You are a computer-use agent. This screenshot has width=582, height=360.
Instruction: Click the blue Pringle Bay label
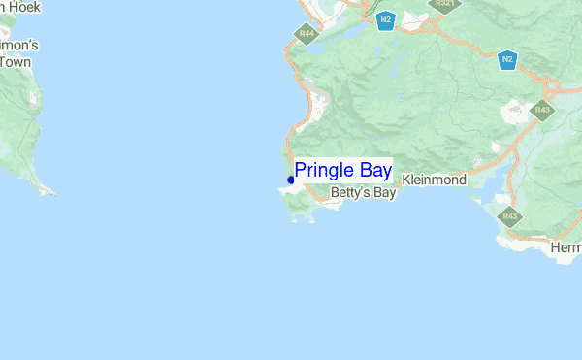pyautogui.click(x=343, y=171)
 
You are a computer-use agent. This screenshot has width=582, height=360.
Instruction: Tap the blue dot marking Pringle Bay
pyautogui.click(x=291, y=180)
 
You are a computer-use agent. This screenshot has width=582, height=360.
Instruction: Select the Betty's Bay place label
pyautogui.click(x=364, y=193)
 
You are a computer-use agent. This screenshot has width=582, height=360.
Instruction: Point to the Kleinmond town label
pyautogui.click(x=434, y=180)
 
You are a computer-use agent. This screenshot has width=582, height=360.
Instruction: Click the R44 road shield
pyautogui.click(x=307, y=34)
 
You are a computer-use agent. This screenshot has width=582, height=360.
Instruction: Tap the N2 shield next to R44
pyautogui.click(x=386, y=18)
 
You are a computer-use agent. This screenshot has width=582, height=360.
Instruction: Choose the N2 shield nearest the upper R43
pyautogui.click(x=506, y=59)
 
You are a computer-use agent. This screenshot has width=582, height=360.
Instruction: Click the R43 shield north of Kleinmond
pyautogui.click(x=542, y=110)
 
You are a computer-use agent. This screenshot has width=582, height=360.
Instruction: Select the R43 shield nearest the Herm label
pyautogui.click(x=506, y=214)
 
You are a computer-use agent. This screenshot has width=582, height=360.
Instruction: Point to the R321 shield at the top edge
pyautogui.click(x=445, y=3)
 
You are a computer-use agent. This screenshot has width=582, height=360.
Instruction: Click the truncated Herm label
pyautogui.click(x=566, y=248)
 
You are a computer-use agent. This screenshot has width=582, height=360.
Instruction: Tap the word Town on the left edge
pyautogui.click(x=15, y=61)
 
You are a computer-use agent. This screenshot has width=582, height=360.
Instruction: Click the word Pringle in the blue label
pyautogui.click(x=325, y=171)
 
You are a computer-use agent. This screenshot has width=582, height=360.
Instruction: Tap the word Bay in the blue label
pyautogui.click(x=374, y=171)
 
